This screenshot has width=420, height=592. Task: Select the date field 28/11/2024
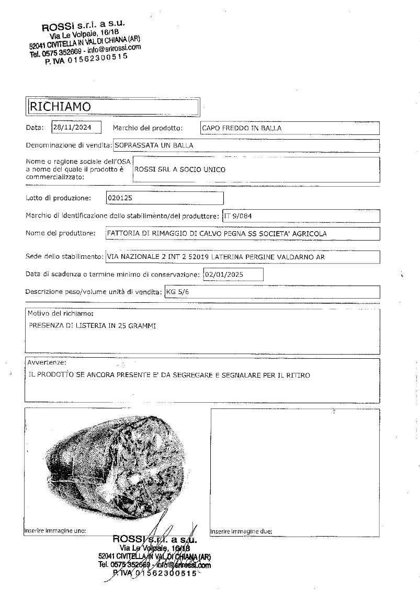point(76,127)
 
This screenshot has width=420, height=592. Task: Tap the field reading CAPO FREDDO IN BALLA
point(290,128)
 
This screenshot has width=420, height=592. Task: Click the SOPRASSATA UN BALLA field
point(246,145)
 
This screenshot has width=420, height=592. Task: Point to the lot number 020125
point(165,198)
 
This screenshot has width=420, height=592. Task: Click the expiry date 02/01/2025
point(233,274)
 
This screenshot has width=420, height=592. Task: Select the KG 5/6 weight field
point(272,292)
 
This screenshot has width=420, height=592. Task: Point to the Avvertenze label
point(47,362)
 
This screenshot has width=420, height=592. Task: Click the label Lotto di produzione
point(58,198)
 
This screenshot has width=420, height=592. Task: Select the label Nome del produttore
point(60,233)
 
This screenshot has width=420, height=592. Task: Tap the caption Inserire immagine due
point(241,531)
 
